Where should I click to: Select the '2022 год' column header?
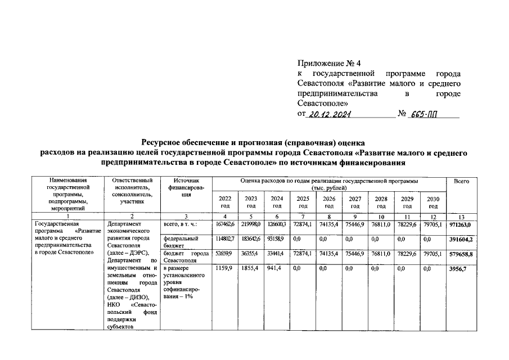[x=224, y=202]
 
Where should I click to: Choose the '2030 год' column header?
[x=433, y=202]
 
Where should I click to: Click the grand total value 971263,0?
[x=461, y=224]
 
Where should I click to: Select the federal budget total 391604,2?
[x=461, y=238]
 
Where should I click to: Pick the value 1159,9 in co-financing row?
[x=223, y=269]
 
